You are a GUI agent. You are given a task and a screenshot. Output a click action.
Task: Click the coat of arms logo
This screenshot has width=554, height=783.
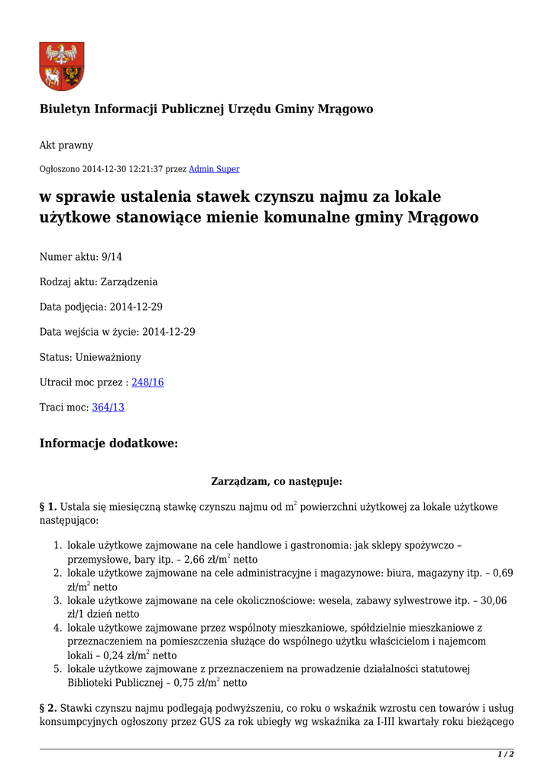point(62,67)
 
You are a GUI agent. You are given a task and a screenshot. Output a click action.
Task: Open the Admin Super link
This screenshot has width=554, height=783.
point(214,169)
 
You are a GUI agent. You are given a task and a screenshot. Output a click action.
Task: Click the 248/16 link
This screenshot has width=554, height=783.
point(147,382)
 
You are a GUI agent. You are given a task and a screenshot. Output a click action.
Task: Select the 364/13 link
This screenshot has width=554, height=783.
point(108,408)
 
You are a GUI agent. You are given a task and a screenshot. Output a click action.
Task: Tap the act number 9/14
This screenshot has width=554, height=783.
point(112,257)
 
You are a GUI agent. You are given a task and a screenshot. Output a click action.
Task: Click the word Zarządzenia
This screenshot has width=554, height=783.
point(129,282)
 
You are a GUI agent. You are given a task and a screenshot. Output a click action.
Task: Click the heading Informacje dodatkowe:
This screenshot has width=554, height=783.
point(109,443)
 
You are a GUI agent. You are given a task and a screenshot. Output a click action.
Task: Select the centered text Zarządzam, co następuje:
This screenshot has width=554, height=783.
point(276,482)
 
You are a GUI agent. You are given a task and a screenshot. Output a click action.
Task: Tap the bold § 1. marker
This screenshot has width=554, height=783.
point(48,507)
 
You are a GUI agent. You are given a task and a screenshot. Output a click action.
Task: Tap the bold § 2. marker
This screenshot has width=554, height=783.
point(48,708)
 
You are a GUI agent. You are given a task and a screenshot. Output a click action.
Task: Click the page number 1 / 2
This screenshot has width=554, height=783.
point(506,755)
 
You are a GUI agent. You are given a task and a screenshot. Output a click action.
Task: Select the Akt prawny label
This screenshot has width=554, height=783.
point(66,145)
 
